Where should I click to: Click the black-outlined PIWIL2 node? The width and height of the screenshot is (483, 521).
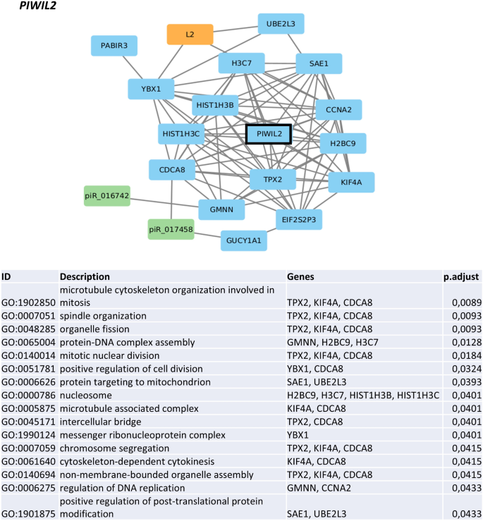tap(268, 134)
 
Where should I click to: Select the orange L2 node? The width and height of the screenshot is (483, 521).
tap(190, 35)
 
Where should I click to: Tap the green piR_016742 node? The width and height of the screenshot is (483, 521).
tap(106, 196)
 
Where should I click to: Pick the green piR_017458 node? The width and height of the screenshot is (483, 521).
tap(171, 229)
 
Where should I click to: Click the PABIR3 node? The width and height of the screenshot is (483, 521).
tap(114, 47)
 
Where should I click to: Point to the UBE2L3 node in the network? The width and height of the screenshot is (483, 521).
tap(281, 25)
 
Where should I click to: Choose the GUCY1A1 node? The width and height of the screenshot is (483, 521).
tap(244, 240)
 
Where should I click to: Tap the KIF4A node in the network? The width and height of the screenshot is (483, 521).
tap(351, 182)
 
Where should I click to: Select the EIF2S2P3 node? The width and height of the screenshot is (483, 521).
tap(298, 219)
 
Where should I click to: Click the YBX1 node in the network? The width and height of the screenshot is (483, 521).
tap(151, 90)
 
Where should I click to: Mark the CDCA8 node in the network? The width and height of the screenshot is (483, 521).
tap(171, 170)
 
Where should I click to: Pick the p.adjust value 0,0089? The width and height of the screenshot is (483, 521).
tap(466, 302)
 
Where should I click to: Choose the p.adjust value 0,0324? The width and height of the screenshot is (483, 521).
tap(466, 369)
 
